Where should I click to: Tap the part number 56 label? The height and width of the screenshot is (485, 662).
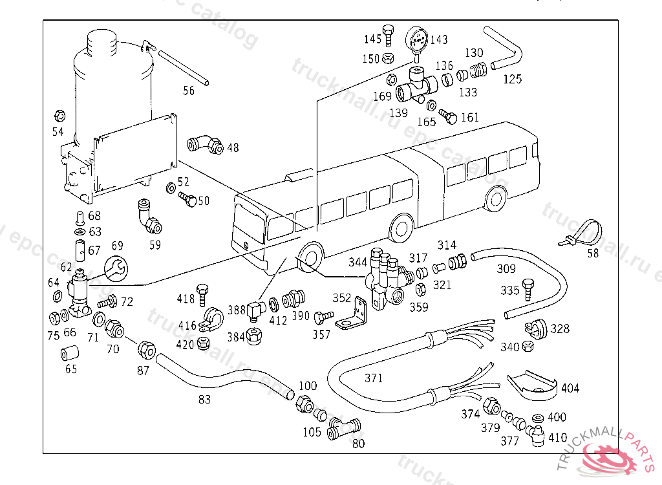(188, 91)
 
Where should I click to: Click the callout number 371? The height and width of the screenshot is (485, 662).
(374, 378)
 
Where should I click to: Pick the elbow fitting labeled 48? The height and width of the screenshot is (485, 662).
(209, 145)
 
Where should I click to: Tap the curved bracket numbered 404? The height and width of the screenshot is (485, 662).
(531, 384)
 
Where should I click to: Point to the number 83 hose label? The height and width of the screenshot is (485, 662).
(204, 400)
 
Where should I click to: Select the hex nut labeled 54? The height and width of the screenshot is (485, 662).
(58, 116)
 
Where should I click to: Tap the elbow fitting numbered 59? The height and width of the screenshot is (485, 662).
(149, 219)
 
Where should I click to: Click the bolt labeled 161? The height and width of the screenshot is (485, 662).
(448, 117)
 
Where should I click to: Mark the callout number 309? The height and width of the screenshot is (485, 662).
(506, 269)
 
